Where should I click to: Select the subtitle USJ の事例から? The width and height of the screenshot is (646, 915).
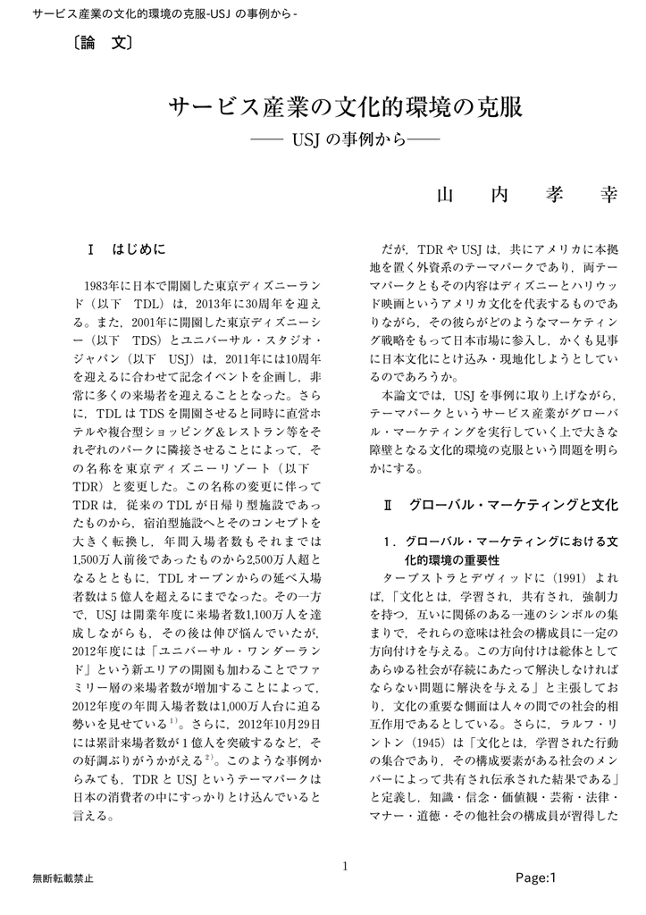tap(345, 141)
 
